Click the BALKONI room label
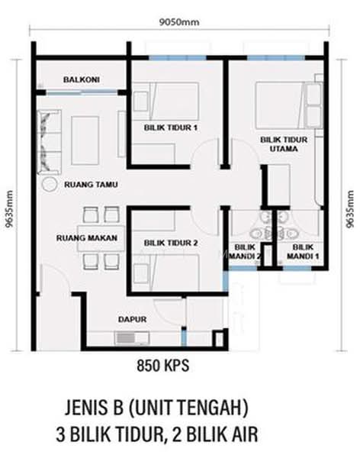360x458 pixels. coord(82,79)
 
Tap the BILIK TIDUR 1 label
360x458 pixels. coord(171,127)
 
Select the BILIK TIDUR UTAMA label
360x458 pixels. coord(284,144)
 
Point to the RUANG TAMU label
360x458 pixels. coord(91,185)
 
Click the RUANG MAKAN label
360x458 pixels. coord(87,237)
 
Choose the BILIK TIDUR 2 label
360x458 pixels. coord(171,243)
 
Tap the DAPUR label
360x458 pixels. coord(132,319)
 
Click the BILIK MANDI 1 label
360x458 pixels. coord(303,251)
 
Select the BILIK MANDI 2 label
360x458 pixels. coord(245,251)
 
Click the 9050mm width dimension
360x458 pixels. coord(179,22)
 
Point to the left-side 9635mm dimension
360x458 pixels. coord(9,209)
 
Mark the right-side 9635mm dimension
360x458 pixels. coord(349,209)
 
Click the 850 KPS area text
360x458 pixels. coord(163,366)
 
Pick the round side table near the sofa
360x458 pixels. coord(50,185)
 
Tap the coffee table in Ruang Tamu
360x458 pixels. coord(85,140)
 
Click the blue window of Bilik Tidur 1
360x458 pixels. coord(178,58)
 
